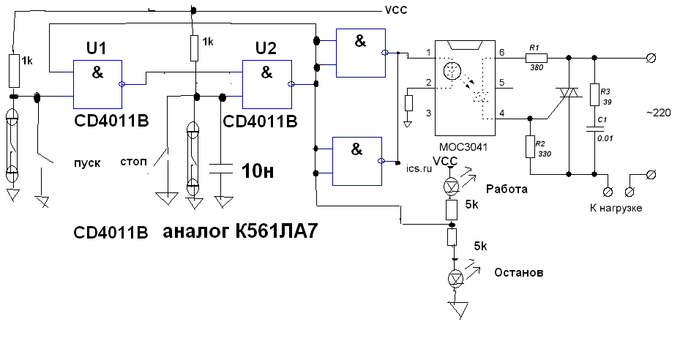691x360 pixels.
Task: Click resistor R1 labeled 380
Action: point(536,56)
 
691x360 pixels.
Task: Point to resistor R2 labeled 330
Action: point(528,147)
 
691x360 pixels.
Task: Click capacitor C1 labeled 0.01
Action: point(594,131)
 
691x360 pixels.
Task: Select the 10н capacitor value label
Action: point(257,171)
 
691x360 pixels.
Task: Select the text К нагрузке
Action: point(616,209)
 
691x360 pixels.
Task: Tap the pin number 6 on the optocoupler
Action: point(502,53)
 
